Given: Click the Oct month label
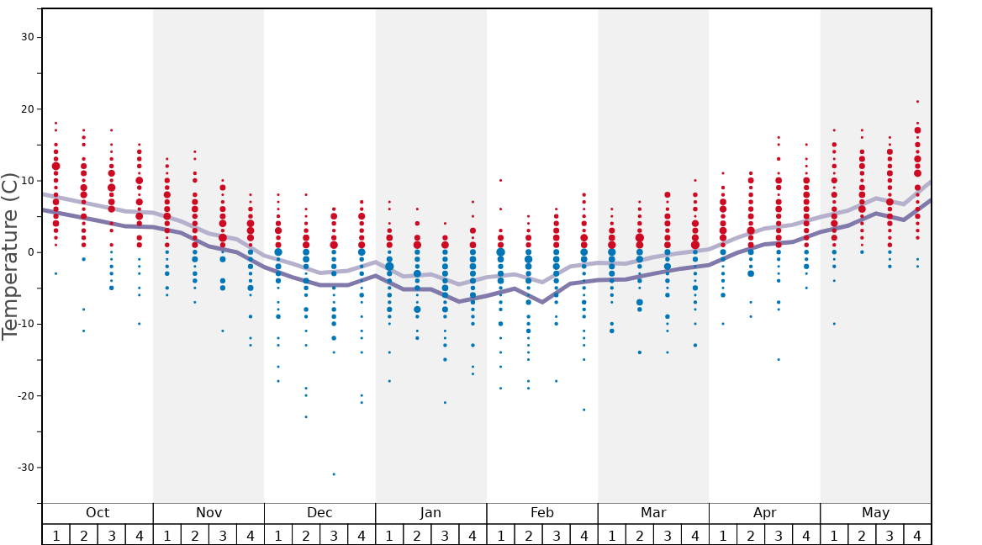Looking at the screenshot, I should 98,513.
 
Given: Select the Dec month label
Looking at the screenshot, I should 319,513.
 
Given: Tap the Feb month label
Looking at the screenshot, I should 542,513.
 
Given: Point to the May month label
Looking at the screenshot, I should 875,513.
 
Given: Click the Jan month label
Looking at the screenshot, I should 430,513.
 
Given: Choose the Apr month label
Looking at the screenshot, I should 764,513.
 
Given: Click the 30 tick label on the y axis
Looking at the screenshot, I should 28,37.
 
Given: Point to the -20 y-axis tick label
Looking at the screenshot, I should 24,396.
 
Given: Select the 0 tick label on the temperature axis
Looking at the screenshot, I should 30,252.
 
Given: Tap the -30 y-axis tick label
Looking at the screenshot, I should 24,468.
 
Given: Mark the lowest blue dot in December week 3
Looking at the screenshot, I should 334,474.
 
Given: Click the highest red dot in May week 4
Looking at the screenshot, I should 917,102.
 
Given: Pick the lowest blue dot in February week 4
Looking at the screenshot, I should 584,410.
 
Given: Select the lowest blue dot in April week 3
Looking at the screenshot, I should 779,360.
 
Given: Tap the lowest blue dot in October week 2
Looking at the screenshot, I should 83,331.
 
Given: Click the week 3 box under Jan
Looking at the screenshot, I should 445,535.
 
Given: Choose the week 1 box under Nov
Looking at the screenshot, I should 167,535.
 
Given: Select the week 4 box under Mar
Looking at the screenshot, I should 695,535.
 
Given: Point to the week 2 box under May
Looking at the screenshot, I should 862,535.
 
